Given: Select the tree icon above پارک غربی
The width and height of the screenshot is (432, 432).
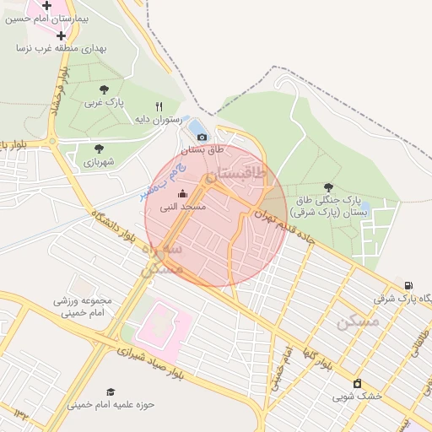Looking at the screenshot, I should [x=104, y=89].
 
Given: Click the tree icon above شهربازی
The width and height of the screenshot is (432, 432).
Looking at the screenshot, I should [x=99, y=148].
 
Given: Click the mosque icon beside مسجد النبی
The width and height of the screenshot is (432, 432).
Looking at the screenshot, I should [x=182, y=194].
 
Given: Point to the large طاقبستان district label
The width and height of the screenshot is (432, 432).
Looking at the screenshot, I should [x=235, y=175].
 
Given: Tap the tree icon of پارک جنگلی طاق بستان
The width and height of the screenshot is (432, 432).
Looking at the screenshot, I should [x=328, y=187].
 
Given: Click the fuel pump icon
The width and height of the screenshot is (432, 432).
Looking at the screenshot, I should [x=409, y=285].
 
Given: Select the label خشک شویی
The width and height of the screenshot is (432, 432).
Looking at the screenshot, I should [x=357, y=396].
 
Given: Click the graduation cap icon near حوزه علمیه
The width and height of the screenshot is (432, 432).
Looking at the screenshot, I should [x=111, y=391].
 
